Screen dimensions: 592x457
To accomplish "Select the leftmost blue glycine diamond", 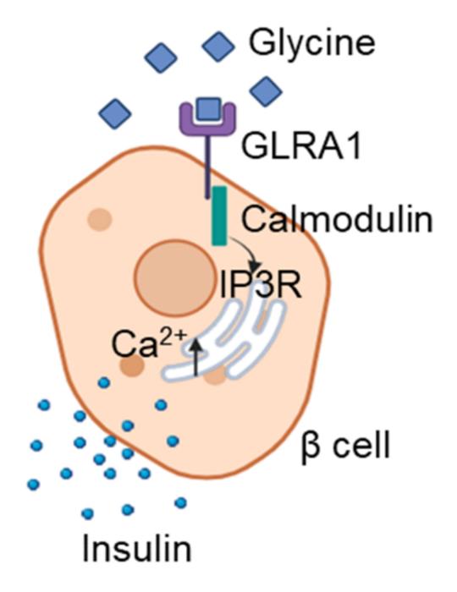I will point(115,112).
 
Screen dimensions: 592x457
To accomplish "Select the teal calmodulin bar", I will point(218,217).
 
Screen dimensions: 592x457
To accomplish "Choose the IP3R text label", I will point(263,285).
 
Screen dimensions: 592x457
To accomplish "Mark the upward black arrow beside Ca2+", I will point(199,356).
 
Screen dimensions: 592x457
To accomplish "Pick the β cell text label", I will point(346,445).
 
